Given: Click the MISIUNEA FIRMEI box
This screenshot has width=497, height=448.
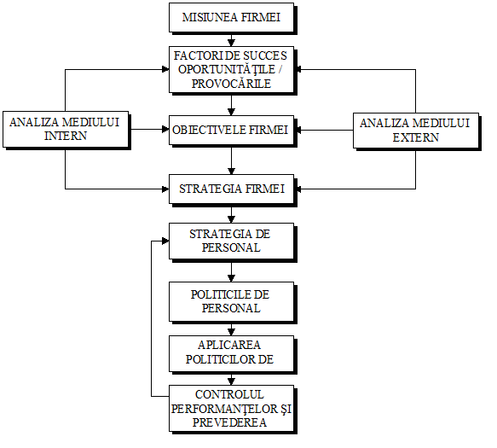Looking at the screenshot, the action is tap(231, 17).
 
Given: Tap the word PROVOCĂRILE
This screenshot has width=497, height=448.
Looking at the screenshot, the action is tap(231, 84).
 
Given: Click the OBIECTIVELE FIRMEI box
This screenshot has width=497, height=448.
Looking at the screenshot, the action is tap(231, 130).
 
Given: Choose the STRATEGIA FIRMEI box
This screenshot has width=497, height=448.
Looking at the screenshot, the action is tap(231, 189).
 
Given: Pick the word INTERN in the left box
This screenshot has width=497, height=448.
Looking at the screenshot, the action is tap(66, 136).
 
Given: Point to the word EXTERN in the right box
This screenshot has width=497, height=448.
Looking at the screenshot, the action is tap(416, 137).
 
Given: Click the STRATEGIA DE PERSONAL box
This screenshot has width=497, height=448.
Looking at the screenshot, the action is tap(231, 241).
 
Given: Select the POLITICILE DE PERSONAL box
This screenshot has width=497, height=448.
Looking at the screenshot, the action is tap(231, 301).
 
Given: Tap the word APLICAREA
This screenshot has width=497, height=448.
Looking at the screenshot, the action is tap(229, 345).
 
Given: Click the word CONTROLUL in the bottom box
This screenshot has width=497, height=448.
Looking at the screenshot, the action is tap(229, 394).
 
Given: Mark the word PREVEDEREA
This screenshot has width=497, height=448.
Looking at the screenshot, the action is tap(229, 422).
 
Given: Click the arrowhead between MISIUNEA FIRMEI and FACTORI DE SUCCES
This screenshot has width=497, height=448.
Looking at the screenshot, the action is tap(231, 44).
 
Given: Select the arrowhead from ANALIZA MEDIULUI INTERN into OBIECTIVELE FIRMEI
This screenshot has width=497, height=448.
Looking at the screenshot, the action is tap(165, 130).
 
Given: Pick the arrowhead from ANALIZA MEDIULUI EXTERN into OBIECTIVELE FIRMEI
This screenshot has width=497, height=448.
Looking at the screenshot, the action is tap(298, 130).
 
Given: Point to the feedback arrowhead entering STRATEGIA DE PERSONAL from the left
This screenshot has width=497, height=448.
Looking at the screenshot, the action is tap(165, 241).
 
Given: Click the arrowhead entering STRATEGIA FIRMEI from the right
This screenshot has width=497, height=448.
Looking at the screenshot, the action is tap(298, 189).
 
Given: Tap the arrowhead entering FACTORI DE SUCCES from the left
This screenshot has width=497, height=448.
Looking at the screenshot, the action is tap(165, 69).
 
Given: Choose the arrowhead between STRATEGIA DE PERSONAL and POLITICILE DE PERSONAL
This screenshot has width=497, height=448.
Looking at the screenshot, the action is tap(231, 278).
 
